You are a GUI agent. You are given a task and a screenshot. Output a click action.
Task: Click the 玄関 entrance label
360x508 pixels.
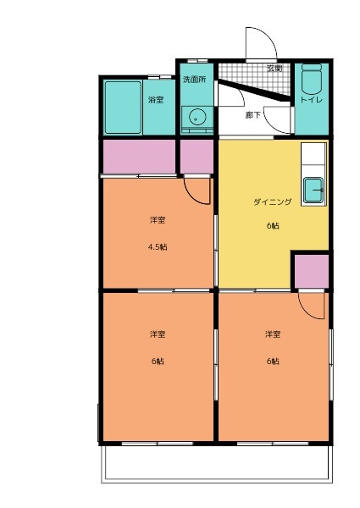pyautogui.click(x=274, y=68)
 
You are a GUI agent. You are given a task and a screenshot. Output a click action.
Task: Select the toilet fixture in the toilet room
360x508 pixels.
pyautogui.click(x=312, y=80)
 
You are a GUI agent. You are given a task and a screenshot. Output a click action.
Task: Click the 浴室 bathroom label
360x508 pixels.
pyautogui.click(x=156, y=100)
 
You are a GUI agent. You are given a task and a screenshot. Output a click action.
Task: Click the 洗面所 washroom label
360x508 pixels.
pyautogui.click(x=194, y=79)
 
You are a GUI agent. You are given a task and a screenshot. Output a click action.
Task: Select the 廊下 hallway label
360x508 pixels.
pyautogui.click(x=252, y=114)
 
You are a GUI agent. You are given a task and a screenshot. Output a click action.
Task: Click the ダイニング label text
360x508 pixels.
pyautogui.click(x=272, y=202)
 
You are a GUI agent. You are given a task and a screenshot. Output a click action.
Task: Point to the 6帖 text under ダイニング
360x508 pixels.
pyautogui.click(x=272, y=225)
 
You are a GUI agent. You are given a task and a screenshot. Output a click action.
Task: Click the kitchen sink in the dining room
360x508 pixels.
pyautogui.click(x=313, y=190)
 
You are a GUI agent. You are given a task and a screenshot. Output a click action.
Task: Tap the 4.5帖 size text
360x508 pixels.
pyautogui.click(x=157, y=247)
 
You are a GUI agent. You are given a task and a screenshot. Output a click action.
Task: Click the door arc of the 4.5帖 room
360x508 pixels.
pyautogui.click(x=198, y=191)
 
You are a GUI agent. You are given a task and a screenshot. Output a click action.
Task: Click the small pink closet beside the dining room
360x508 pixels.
pyautogui.click(x=310, y=270)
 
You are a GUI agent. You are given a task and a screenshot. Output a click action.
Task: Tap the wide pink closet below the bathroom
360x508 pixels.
pyautogui.click(x=138, y=156)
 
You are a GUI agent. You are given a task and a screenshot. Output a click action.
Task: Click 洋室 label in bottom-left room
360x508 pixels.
pyautogui.click(x=157, y=334)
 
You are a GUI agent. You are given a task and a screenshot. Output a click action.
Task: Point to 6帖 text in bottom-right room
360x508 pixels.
pyautogui.click(x=272, y=362)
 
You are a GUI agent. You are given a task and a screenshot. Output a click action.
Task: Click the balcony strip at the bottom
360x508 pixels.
pyautogui.click(x=216, y=463)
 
